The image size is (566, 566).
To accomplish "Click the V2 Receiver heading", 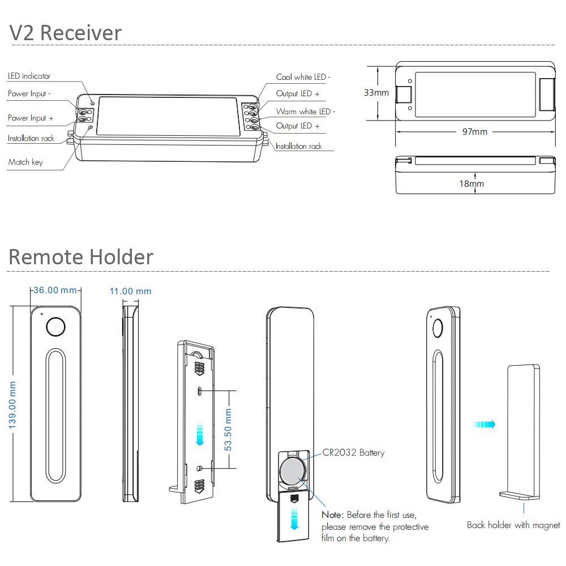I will click(x=65, y=33).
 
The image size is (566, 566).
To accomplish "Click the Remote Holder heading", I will click(x=81, y=257).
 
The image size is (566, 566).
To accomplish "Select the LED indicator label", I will click(x=29, y=76).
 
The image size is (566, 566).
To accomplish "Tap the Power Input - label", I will click(x=29, y=93).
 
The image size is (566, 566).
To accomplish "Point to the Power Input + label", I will click(x=31, y=118).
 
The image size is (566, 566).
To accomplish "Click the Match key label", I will click(x=25, y=162).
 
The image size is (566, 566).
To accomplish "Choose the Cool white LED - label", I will click(x=303, y=77).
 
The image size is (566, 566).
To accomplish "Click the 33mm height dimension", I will click(x=376, y=92).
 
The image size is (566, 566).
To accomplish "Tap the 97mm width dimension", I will click(x=474, y=132).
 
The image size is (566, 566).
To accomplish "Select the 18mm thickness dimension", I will click(x=471, y=183).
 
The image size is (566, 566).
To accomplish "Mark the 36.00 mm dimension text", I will click(x=55, y=290).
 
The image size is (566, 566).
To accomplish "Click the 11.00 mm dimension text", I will click(x=130, y=291).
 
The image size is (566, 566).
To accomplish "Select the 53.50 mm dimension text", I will click(x=229, y=430).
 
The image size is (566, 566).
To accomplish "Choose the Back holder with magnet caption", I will click(x=513, y=525).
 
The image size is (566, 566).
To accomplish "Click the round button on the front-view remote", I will click(x=55, y=327).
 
